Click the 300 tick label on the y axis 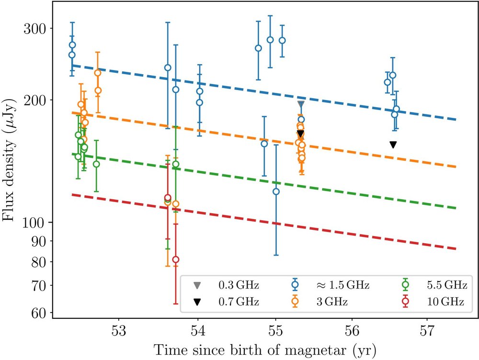35,28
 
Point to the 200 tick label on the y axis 35,100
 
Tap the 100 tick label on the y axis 35,223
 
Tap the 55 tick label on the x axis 275,330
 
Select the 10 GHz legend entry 436,302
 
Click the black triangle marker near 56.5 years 393,145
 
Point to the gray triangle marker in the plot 301,104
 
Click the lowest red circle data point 176,259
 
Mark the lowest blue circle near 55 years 276,191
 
